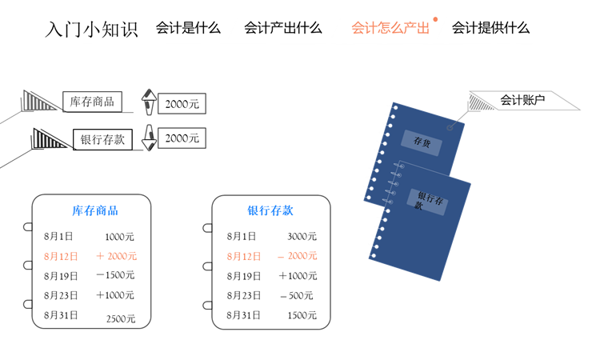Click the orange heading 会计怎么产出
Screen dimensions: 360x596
(390, 28)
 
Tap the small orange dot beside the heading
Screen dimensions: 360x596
(435, 18)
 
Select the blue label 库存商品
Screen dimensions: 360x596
(95, 211)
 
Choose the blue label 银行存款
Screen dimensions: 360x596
(270, 211)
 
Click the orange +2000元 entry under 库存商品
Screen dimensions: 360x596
(117, 257)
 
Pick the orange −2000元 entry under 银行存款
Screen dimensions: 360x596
(298, 257)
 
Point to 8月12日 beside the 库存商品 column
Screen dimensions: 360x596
(61, 257)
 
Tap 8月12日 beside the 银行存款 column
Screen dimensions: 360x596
(244, 257)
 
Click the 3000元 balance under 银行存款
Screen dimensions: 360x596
(302, 237)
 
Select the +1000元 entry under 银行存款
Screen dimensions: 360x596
(298, 276)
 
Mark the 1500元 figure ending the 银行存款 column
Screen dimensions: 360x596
(302, 315)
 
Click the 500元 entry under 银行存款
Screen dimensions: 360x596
(300, 296)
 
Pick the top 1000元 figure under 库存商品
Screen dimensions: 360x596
(119, 237)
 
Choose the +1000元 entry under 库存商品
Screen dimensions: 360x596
(115, 296)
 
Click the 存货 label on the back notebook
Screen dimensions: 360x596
(422, 141)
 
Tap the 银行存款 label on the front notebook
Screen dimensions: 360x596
(431, 201)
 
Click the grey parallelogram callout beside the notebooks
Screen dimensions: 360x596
(524, 101)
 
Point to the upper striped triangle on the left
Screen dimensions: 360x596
(38, 101)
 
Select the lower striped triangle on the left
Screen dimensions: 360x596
(49, 139)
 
